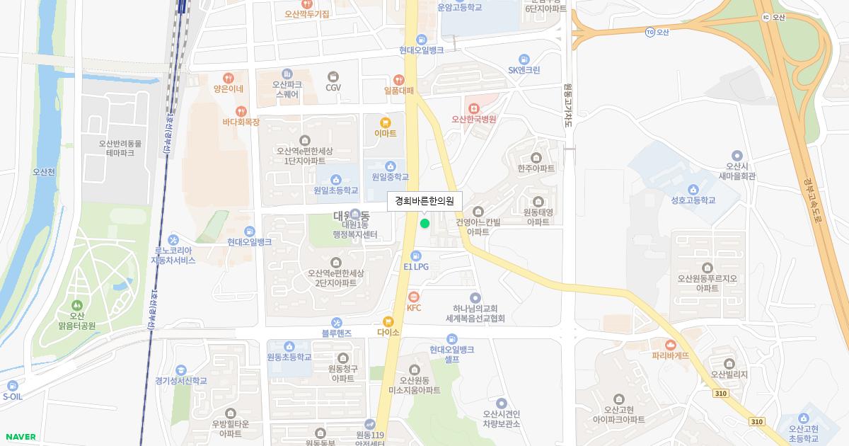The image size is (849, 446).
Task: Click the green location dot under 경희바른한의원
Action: tap(424, 224)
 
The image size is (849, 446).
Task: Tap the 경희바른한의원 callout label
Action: tap(424, 201)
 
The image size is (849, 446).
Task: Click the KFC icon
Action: tap(414, 297)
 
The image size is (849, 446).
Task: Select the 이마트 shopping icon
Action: tap(386, 122)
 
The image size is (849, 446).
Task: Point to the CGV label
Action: tap(333, 88)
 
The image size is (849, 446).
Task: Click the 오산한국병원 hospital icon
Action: tap(473, 108)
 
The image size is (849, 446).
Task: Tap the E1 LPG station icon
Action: tap(416, 256)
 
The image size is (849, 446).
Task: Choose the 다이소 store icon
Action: tap(388, 321)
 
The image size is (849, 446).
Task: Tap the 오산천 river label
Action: tap(44, 171)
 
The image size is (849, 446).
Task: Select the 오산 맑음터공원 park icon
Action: tap(76, 304)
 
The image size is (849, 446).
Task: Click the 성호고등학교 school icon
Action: tap(693, 189)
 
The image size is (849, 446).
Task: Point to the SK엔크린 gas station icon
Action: tap(524, 59)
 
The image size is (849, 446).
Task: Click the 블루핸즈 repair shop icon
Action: tap(336, 322)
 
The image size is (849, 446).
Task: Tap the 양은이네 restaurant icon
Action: tap(228, 78)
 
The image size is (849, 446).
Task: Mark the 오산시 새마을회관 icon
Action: tap(737, 155)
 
